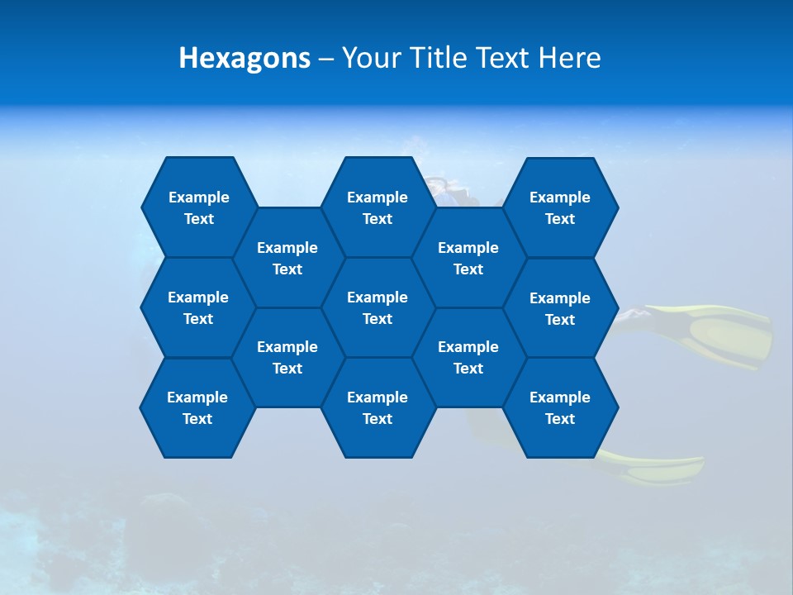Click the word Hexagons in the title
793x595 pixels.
245,58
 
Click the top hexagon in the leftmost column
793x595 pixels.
198,207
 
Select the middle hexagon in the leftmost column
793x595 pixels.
198,307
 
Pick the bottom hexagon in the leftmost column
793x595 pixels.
197,407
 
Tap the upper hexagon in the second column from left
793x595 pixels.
287,258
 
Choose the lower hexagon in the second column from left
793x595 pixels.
287,357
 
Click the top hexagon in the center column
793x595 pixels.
378,207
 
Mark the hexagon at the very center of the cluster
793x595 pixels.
378,307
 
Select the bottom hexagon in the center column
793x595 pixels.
378,407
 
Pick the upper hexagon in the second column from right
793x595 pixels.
468,258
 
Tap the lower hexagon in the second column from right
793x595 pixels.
468,357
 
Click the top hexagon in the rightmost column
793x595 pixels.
560,207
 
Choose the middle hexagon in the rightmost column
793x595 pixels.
560,308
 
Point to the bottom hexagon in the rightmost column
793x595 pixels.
560,407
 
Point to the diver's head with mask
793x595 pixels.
446,190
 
